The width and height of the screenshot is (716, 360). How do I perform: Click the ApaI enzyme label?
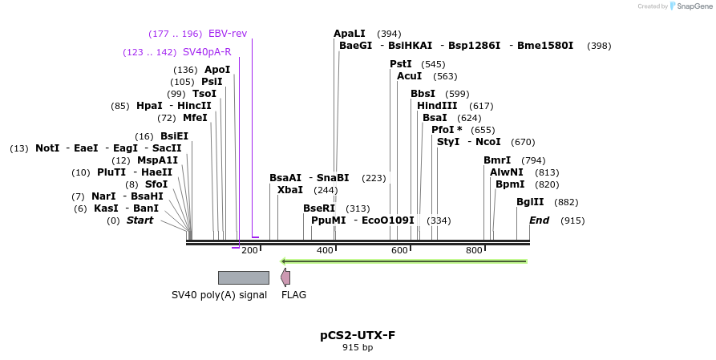pos(350,34)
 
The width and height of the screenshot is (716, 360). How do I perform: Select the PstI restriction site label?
pos(401,64)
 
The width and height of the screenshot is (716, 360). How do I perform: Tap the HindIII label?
pos(437,106)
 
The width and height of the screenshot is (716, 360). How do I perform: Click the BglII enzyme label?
pos(530,202)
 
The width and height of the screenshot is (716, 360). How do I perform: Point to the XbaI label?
pos(290,190)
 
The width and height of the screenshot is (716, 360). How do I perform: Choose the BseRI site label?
pos(318,208)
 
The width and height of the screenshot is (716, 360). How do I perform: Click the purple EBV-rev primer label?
pos(228,34)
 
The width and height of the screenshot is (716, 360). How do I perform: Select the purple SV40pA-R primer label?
pos(207,52)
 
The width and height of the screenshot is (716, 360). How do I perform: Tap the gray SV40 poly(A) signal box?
pos(243,277)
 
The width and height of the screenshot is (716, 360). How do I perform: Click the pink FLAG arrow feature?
pos(285,277)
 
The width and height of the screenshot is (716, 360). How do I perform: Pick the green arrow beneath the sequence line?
pos(403,261)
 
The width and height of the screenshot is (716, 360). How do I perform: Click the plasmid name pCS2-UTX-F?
pos(358,335)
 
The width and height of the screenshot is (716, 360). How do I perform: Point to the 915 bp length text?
pos(358,347)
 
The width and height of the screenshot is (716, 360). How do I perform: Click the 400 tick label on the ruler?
pos(326,251)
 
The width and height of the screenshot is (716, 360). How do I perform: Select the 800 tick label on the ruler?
pos(475,251)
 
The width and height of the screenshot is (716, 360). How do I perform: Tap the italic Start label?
pos(140,220)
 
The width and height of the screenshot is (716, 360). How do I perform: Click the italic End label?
pos(540,220)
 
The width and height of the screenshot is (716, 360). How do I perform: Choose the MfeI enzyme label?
pos(195,118)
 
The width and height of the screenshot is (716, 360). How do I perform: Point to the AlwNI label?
pos(507,172)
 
